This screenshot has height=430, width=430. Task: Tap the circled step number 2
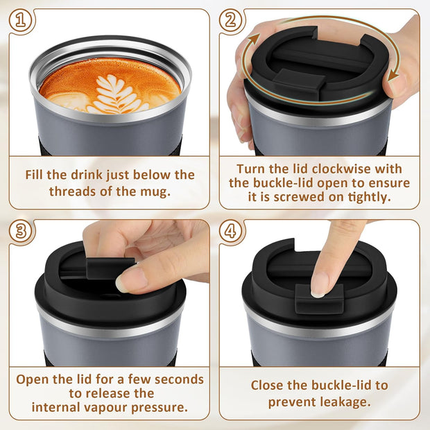point(232,21)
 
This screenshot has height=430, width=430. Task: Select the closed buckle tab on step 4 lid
point(319,298)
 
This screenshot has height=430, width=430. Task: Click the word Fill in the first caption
point(36,175)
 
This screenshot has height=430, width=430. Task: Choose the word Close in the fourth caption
point(267,385)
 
